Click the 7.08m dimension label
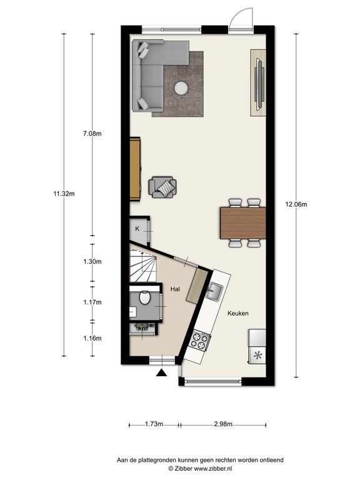point(92,134)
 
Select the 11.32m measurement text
point(64,194)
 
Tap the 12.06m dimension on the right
point(296,204)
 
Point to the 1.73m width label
point(154,424)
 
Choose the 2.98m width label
point(223,424)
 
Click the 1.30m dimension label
point(92,261)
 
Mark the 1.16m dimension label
point(92,338)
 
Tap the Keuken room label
point(238,314)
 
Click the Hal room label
point(175,289)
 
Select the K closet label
point(137,229)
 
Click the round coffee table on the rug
point(181,89)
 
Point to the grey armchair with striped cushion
point(162,187)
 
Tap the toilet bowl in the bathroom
point(144,298)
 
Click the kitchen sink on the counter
point(215,292)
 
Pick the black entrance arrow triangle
point(161,372)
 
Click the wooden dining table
point(242,223)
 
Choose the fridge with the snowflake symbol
point(257,347)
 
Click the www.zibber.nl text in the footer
point(213,468)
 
